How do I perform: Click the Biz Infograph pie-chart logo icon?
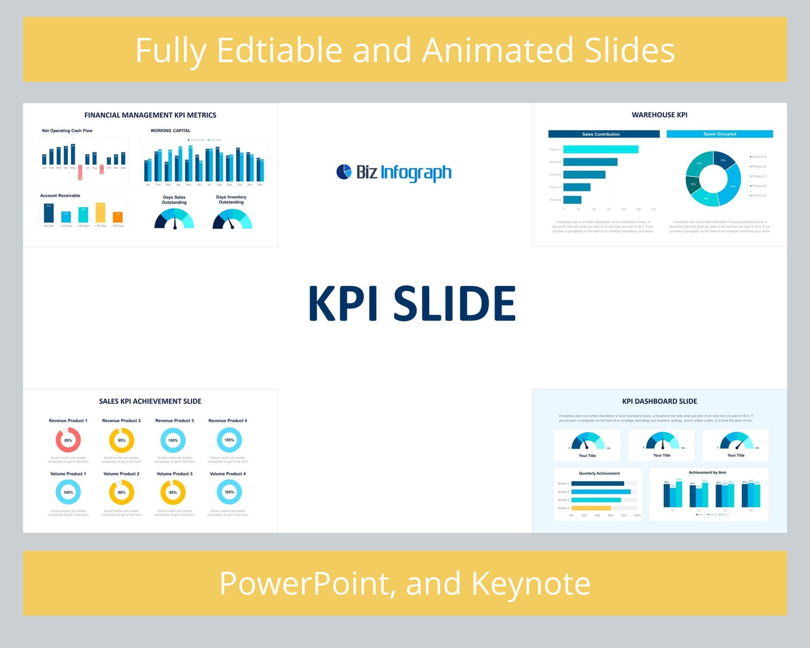pyautogui.click(x=344, y=172)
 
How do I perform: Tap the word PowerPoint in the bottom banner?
pyautogui.click(x=306, y=583)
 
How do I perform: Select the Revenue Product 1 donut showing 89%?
pyautogui.click(x=68, y=440)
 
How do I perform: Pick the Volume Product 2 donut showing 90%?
pyautogui.click(x=121, y=492)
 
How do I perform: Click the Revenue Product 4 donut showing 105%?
pyautogui.click(x=229, y=440)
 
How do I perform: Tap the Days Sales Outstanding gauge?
pyautogui.click(x=174, y=220)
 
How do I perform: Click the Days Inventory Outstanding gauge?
pyautogui.click(x=232, y=220)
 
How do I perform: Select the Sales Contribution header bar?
pyautogui.click(x=603, y=134)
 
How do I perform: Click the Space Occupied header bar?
pyautogui.click(x=719, y=134)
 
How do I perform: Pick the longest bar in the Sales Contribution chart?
pyautogui.click(x=600, y=149)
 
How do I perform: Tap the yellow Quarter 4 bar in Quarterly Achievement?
pyautogui.click(x=591, y=508)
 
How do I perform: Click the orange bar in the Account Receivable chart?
pyautogui.click(x=117, y=217)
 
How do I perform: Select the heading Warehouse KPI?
pyautogui.click(x=659, y=115)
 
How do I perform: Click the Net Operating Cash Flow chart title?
pyautogui.click(x=67, y=131)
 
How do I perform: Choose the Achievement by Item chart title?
pyautogui.click(x=707, y=472)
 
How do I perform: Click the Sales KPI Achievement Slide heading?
pyautogui.click(x=150, y=401)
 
